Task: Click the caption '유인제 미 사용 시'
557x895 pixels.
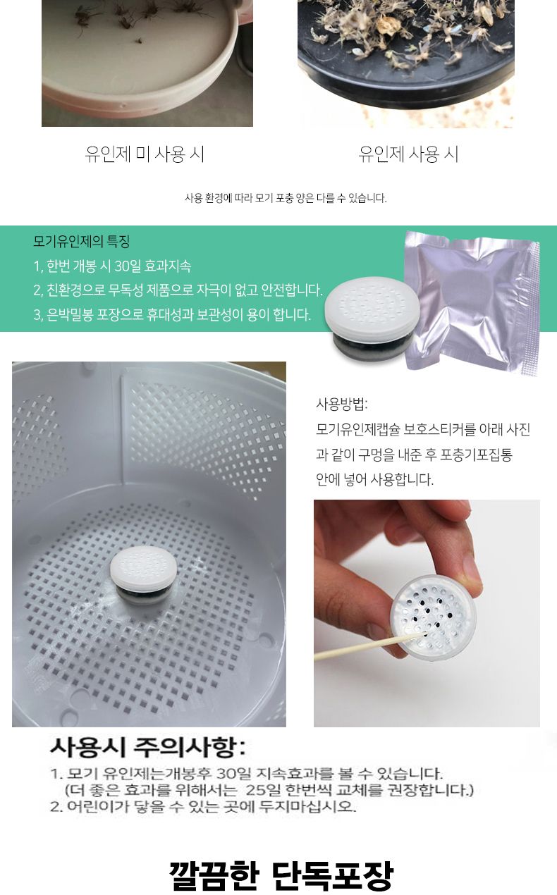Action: coord(145,154)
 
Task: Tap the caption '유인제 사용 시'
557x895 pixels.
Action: coord(408,154)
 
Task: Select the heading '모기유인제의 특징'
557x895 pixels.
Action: coord(81,242)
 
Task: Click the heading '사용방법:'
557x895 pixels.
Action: coord(341,405)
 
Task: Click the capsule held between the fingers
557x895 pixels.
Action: coord(431,613)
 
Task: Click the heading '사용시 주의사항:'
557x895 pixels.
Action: coord(148,746)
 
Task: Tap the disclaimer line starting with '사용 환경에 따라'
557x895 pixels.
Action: coord(286,198)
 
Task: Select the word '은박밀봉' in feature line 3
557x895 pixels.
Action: coord(71,314)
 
